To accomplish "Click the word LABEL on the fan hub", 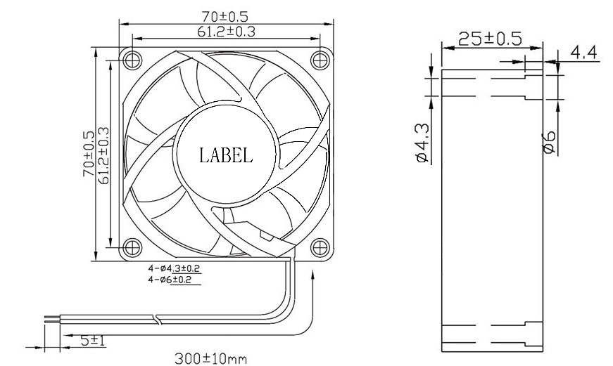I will tap(225, 155).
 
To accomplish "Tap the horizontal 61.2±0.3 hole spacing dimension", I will tap(225, 31).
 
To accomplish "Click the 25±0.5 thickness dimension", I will tap(490, 39).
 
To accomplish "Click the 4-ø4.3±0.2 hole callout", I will tap(174, 268).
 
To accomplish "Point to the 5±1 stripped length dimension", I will tap(92, 340).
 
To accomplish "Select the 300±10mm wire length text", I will tap(210, 359).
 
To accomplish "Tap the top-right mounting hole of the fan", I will tap(320, 57).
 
